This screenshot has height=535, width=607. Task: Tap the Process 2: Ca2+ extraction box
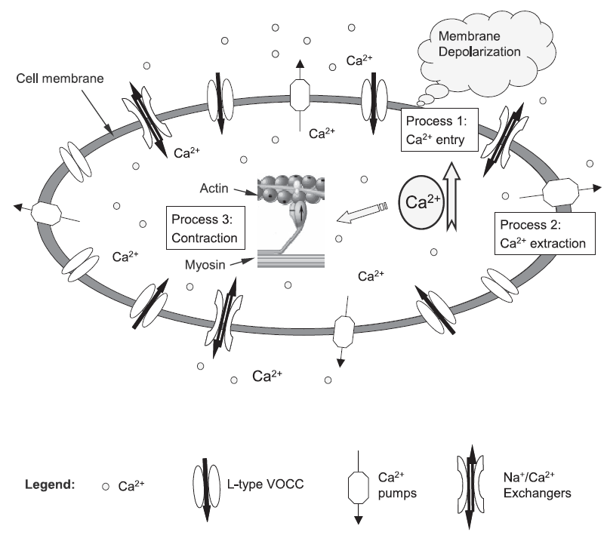(x=544, y=234)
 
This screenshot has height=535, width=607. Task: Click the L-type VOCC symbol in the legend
(x=203, y=485)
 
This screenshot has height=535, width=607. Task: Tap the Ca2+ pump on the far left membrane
(x=45, y=214)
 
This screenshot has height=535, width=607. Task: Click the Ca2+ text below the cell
(x=267, y=375)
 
